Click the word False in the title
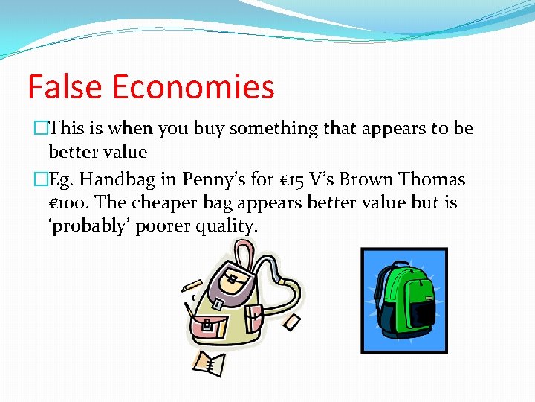(x=65, y=87)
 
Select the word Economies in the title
(x=193, y=87)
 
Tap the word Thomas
(x=432, y=179)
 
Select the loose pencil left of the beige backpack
(x=191, y=285)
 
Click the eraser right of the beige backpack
(x=291, y=321)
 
